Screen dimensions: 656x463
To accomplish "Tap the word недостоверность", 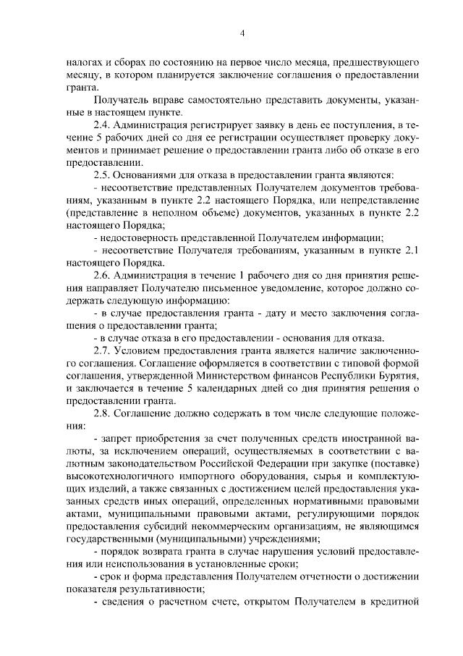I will tap(140, 237).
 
